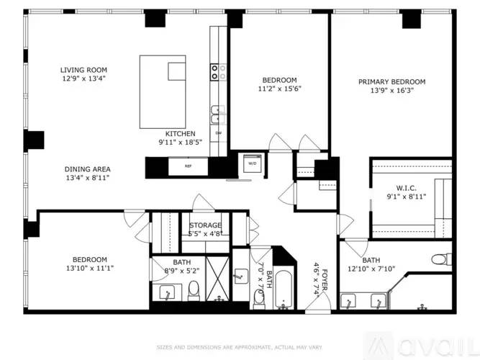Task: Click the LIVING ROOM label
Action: coord(83,70)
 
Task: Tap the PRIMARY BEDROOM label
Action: coord(391,82)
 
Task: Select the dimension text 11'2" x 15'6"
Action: coord(279,89)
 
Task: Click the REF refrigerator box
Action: coord(188,166)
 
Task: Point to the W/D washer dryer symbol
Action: coord(253,163)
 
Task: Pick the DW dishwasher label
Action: coord(219,133)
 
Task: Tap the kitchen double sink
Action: coord(218,114)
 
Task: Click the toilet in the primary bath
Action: coord(441,259)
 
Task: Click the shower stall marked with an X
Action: coord(217,279)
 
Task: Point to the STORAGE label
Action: coord(205,225)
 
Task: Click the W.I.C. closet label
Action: coord(406,188)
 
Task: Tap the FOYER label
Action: coord(325,279)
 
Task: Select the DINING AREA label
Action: coord(88,169)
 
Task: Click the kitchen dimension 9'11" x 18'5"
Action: coord(181,142)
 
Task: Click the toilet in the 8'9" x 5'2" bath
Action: coord(194,290)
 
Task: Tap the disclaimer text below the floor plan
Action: coord(239,348)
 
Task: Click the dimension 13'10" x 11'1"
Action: coord(90,268)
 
